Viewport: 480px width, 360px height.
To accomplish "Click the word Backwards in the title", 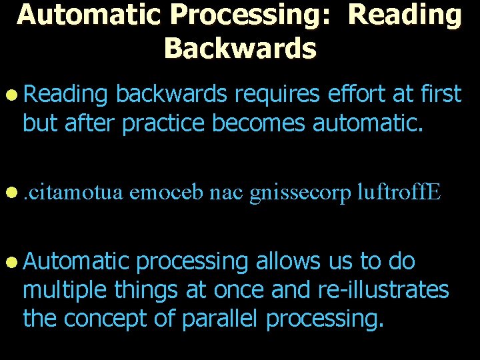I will coord(240,47).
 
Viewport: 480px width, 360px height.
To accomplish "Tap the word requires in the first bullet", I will coord(277,95).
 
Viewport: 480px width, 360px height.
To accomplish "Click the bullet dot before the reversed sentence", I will coord(13,193).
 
